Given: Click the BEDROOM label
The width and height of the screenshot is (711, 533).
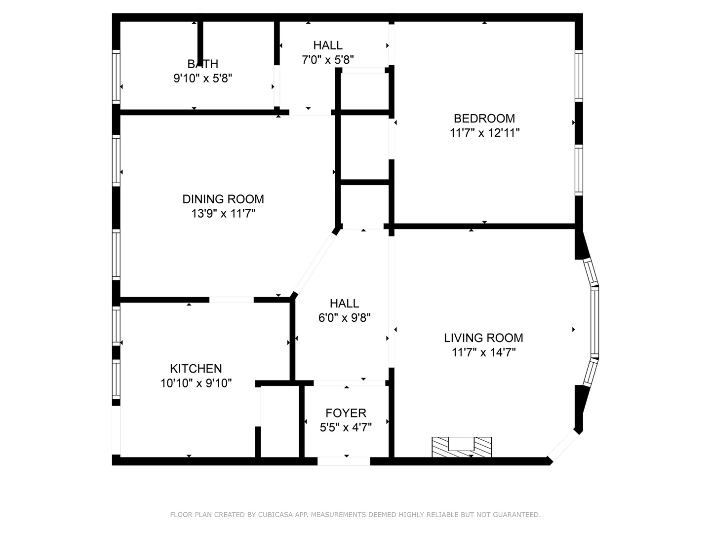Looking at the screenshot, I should click(484, 118).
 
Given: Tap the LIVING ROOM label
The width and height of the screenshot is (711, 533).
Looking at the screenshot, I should click(483, 338).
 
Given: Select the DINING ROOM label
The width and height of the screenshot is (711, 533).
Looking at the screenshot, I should click(223, 199).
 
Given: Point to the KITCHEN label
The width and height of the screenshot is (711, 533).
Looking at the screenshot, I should click(196, 369).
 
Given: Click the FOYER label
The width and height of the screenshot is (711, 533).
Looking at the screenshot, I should click(346, 413).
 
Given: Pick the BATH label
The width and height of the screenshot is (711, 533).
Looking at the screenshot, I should click(202, 64).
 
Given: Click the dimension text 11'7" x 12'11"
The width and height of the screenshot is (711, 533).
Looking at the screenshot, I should click(484, 133).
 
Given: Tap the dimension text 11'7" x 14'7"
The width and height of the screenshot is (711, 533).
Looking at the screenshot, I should click(483, 352).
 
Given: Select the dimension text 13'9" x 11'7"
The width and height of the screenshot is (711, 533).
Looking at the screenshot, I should click(223, 214).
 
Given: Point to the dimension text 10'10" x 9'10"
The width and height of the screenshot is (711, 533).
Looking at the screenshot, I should click(196, 383).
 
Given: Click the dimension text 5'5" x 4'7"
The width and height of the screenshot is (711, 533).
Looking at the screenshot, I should click(346, 427).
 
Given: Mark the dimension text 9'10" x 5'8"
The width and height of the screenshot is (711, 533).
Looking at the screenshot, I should click(202, 78).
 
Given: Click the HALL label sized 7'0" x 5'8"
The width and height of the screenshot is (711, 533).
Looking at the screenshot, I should click(328, 45).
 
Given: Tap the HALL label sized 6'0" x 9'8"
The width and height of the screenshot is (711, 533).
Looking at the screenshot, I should click(344, 304).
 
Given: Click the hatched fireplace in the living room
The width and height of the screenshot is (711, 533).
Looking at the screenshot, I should click(462, 446).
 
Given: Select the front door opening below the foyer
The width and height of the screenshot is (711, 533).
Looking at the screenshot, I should click(344, 461).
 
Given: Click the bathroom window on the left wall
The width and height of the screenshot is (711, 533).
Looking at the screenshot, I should click(116, 76).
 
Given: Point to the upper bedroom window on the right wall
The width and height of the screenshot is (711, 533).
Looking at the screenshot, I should click(579, 76).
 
